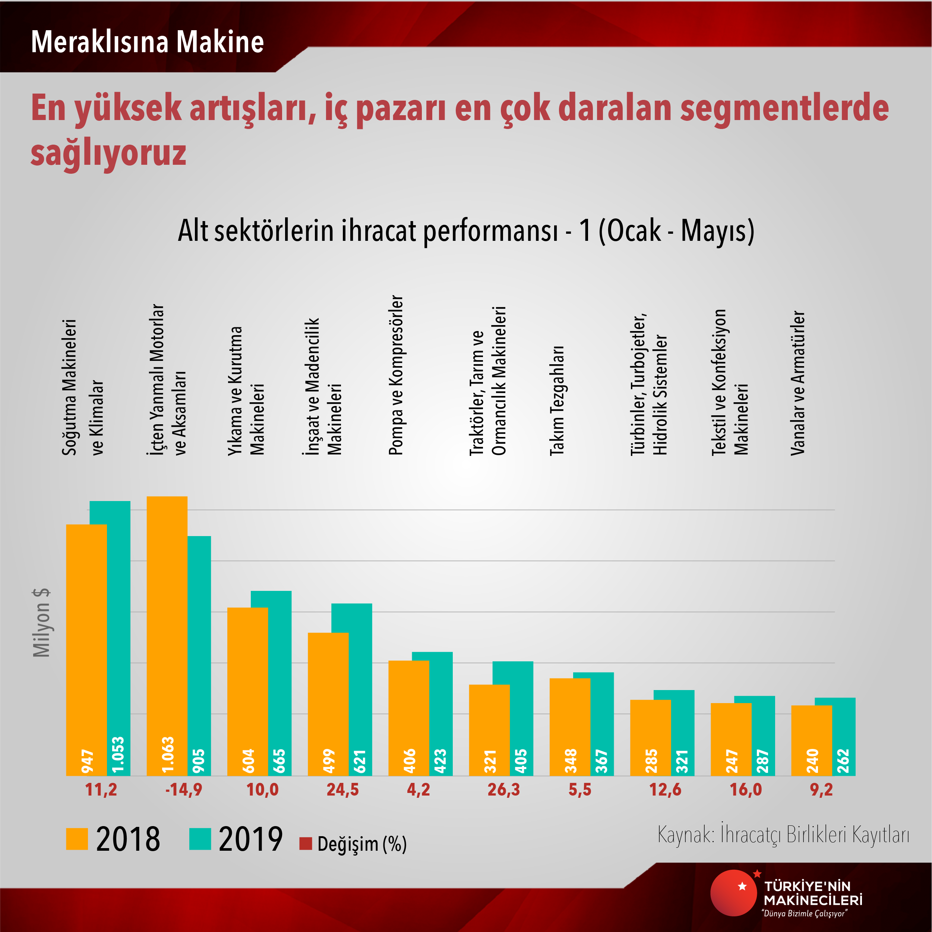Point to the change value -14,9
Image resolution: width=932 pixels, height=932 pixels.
point(183,790)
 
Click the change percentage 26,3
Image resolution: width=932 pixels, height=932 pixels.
point(503,790)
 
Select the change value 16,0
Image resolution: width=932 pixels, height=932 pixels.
point(745,790)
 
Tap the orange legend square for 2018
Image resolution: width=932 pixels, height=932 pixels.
point(77,839)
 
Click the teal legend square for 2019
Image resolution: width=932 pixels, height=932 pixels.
point(200,839)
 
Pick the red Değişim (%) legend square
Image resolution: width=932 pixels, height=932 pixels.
point(305,844)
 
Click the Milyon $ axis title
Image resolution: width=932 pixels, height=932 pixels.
point(41,623)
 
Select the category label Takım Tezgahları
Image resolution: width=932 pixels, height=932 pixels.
point(557,401)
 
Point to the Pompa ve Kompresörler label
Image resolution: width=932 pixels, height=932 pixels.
point(396,375)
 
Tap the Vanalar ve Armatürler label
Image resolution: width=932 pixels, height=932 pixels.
point(798,383)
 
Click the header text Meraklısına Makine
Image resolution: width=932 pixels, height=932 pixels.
point(147,42)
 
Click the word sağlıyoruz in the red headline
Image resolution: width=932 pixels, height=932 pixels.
point(108,152)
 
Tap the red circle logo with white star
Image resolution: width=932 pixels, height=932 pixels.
point(733,893)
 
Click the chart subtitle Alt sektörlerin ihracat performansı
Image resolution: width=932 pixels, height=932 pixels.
point(367,231)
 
